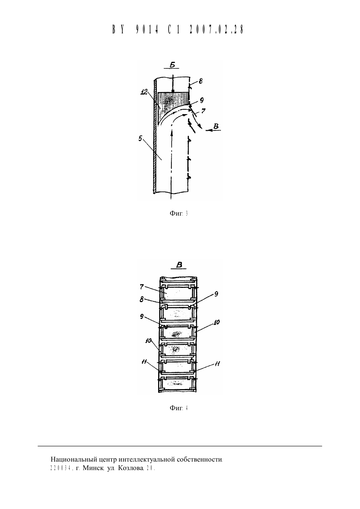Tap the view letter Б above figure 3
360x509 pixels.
point(172,65)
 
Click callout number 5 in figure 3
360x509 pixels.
point(140,138)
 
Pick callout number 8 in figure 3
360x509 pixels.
point(200,81)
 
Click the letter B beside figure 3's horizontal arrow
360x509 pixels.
point(216,126)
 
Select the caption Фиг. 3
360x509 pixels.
point(179,213)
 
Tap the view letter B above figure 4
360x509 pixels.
point(179,265)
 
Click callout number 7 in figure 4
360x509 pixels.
point(142,287)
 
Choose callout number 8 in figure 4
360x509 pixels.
point(142,300)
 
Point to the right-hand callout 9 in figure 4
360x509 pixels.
point(216,294)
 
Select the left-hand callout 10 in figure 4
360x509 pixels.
point(149,341)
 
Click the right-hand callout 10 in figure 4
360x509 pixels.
point(216,322)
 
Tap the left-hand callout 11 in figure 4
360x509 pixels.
point(144,362)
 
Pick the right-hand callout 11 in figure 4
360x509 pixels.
point(217,364)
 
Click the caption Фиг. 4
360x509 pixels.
point(179,408)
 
